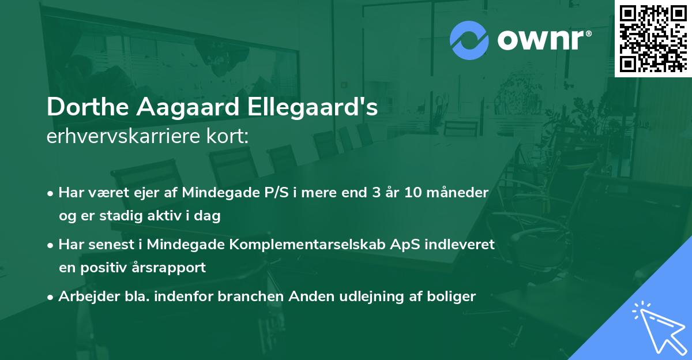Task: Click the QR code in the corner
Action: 653,39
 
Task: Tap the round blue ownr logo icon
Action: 469,40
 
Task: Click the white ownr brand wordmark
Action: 543,40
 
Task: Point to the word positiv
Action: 110,268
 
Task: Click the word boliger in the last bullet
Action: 453,297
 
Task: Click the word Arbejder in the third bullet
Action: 84,297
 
